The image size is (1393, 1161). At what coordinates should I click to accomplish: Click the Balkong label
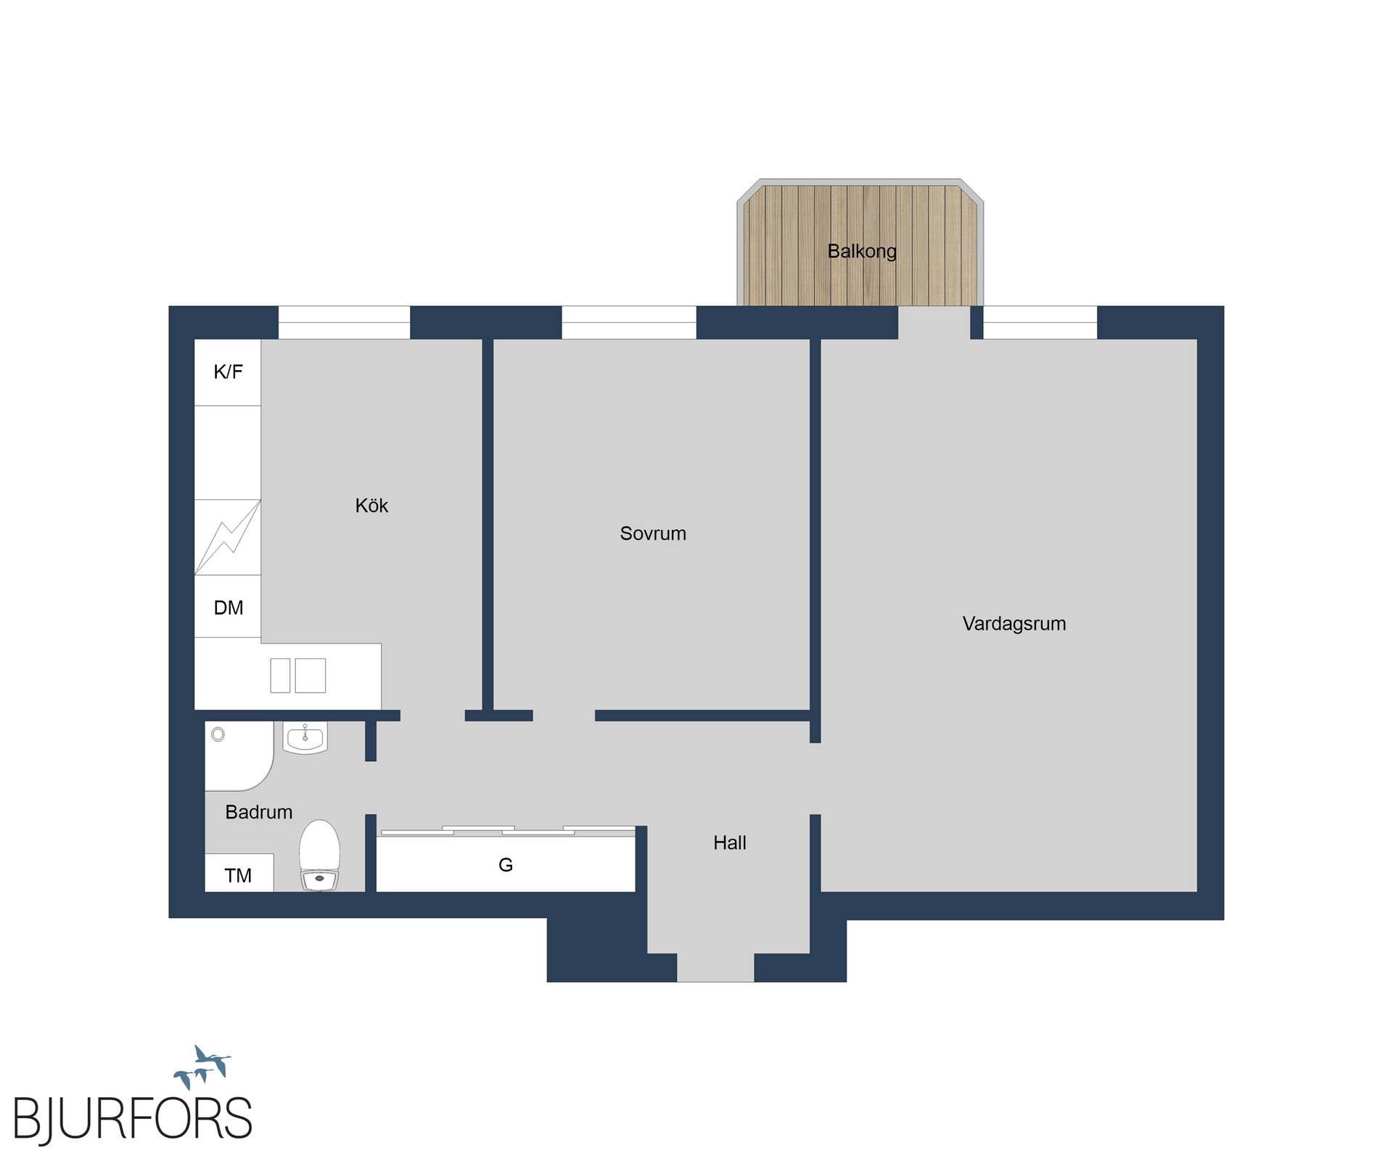tap(862, 251)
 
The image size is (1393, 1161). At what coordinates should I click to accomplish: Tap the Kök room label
tap(371, 505)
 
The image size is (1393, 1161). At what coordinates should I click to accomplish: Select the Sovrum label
tap(653, 533)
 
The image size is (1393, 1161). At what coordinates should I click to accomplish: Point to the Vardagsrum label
tap(1014, 623)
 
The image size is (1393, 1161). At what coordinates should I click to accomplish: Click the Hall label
tap(730, 842)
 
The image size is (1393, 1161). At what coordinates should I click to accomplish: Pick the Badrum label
tap(259, 812)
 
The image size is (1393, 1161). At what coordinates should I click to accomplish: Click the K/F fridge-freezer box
tap(228, 372)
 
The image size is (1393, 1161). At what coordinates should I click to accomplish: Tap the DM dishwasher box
tap(228, 607)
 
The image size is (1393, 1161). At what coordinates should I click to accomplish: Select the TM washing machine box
tap(239, 873)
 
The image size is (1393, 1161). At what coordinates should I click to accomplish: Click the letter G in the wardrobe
tap(506, 864)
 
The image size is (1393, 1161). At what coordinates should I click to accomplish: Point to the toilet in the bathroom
tap(319, 856)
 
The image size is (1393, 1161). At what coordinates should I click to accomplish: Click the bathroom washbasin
tap(305, 738)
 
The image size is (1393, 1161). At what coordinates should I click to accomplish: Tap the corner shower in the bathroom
tap(239, 755)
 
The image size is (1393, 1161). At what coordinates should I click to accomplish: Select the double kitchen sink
tap(297, 676)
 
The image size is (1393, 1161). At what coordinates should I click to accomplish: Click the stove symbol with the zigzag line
tap(228, 538)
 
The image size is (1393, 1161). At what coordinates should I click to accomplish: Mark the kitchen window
tap(345, 322)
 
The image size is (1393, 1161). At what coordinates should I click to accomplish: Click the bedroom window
tap(629, 322)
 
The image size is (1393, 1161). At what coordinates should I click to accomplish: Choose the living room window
tap(1040, 322)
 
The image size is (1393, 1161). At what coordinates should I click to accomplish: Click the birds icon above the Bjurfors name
tap(202, 1067)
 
